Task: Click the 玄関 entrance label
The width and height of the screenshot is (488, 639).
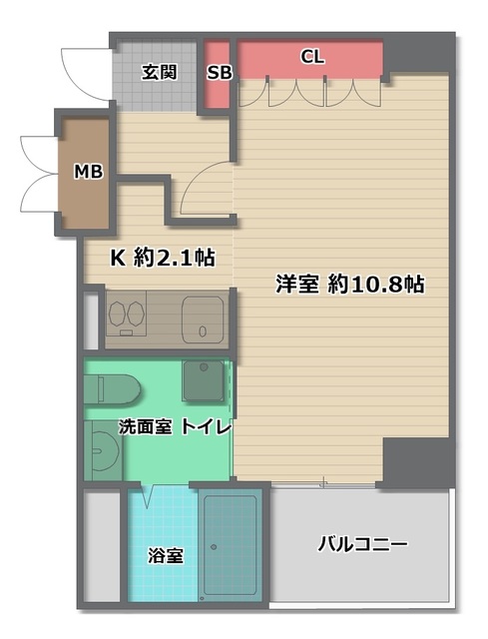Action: tap(159, 72)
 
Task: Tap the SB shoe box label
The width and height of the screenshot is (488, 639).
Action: tap(220, 72)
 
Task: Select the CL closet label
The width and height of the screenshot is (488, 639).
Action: tap(312, 57)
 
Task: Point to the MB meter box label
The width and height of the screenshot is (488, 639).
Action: tap(88, 172)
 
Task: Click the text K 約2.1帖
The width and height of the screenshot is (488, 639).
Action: tap(162, 258)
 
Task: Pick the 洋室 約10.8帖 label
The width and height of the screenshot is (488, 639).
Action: tap(350, 285)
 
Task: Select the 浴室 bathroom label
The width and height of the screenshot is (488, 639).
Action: tap(166, 555)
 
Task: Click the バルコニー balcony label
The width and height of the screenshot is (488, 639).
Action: tap(362, 545)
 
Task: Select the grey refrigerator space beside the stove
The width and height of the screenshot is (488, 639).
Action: tap(92, 319)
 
